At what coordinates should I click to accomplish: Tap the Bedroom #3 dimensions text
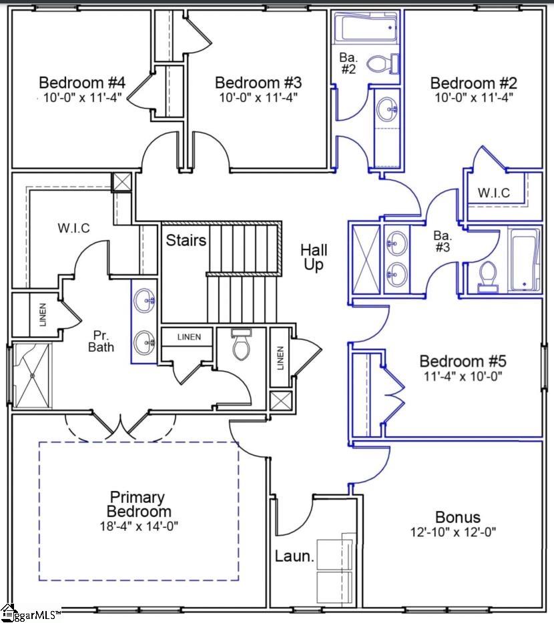pyautogui.click(x=258, y=97)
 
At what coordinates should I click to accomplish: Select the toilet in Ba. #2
pyautogui.click(x=381, y=64)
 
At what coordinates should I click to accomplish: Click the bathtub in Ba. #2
pyautogui.click(x=364, y=29)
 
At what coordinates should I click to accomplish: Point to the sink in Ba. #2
pyautogui.click(x=386, y=107)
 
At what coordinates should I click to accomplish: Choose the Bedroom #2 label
pyautogui.click(x=474, y=83)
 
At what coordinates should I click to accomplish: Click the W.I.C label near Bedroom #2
pyautogui.click(x=494, y=193)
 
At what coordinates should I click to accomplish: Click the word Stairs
pyautogui.click(x=186, y=240)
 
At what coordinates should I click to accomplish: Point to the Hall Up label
pyautogui.click(x=314, y=257)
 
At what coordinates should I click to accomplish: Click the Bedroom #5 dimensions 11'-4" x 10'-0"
pyautogui.click(x=463, y=376)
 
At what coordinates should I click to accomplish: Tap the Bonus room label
pyautogui.click(x=457, y=517)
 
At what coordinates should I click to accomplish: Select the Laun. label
pyautogui.click(x=294, y=556)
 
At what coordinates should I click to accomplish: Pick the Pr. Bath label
pyautogui.click(x=103, y=341)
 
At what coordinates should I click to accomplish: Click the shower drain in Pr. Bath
pyautogui.click(x=31, y=376)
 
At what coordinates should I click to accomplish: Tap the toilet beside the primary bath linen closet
pyautogui.click(x=239, y=345)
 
